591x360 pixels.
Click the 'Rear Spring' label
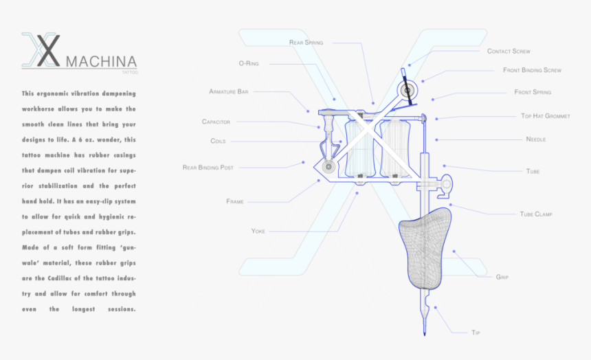[306, 43]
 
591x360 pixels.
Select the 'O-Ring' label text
[249, 63]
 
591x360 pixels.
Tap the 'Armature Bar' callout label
[228, 91]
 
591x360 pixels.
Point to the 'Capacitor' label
[216, 122]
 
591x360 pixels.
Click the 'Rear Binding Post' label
[208, 168]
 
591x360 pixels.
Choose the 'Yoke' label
[258, 231]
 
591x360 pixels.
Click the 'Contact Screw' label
[509, 52]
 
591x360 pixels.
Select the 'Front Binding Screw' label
[532, 70]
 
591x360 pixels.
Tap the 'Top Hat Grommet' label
[546, 116]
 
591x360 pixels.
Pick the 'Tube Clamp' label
[536, 214]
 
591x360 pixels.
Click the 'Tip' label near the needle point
[476, 333]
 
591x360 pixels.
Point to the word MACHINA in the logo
[101, 62]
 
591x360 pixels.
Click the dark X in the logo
[48, 50]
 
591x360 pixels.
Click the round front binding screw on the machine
[407, 91]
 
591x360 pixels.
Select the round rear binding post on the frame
[328, 166]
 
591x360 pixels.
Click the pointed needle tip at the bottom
[425, 333]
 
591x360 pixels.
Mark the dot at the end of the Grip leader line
[454, 251]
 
